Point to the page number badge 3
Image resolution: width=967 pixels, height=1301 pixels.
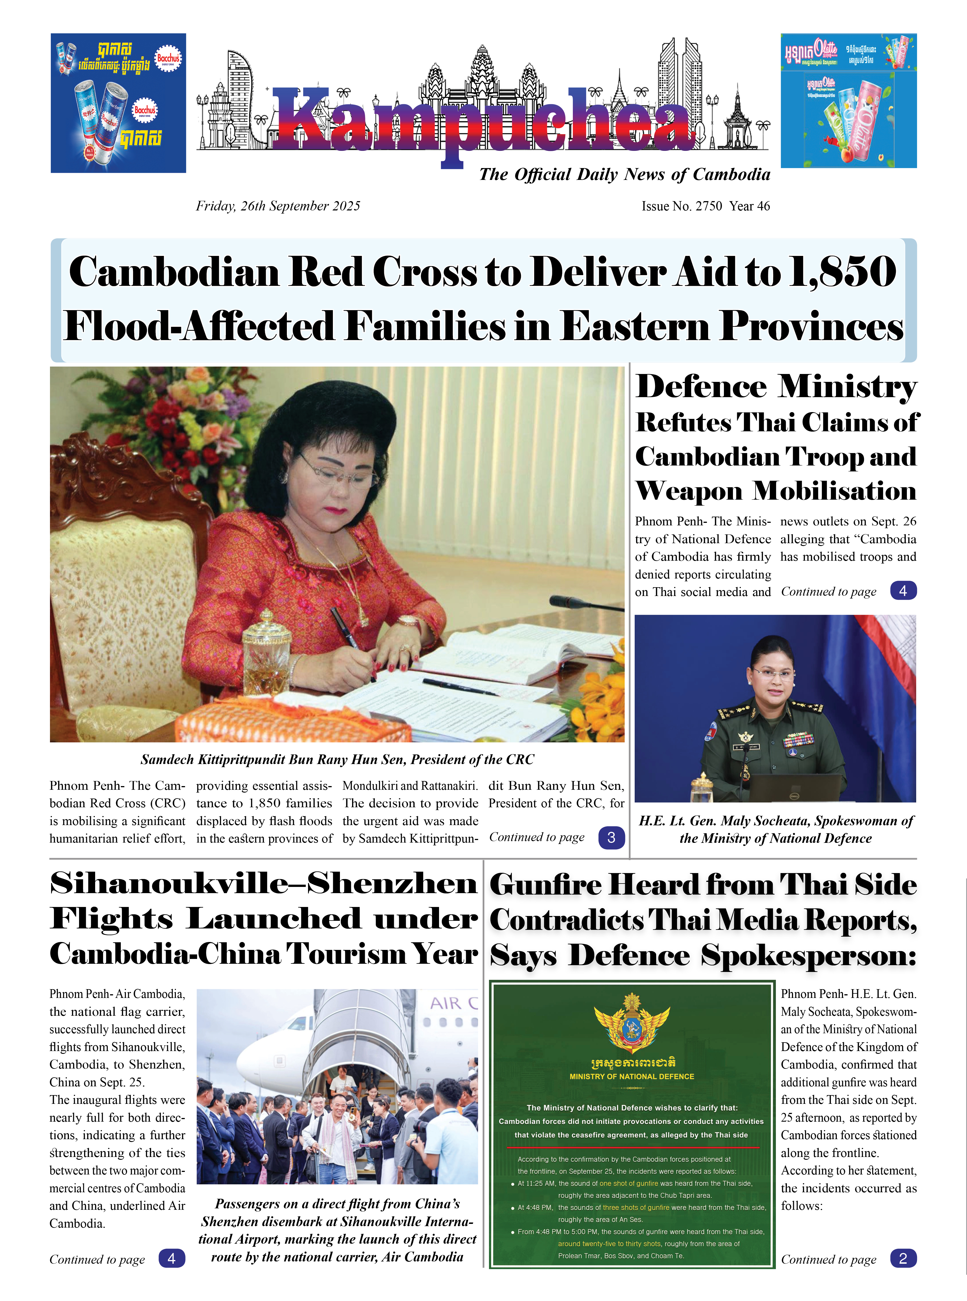[611, 837]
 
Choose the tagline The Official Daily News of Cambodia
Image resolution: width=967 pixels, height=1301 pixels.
[624, 175]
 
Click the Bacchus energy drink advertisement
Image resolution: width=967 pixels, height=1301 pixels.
[118, 103]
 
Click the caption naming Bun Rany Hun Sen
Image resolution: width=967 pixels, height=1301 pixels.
[337, 760]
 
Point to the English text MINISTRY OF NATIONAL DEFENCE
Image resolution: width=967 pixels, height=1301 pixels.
[632, 1076]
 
